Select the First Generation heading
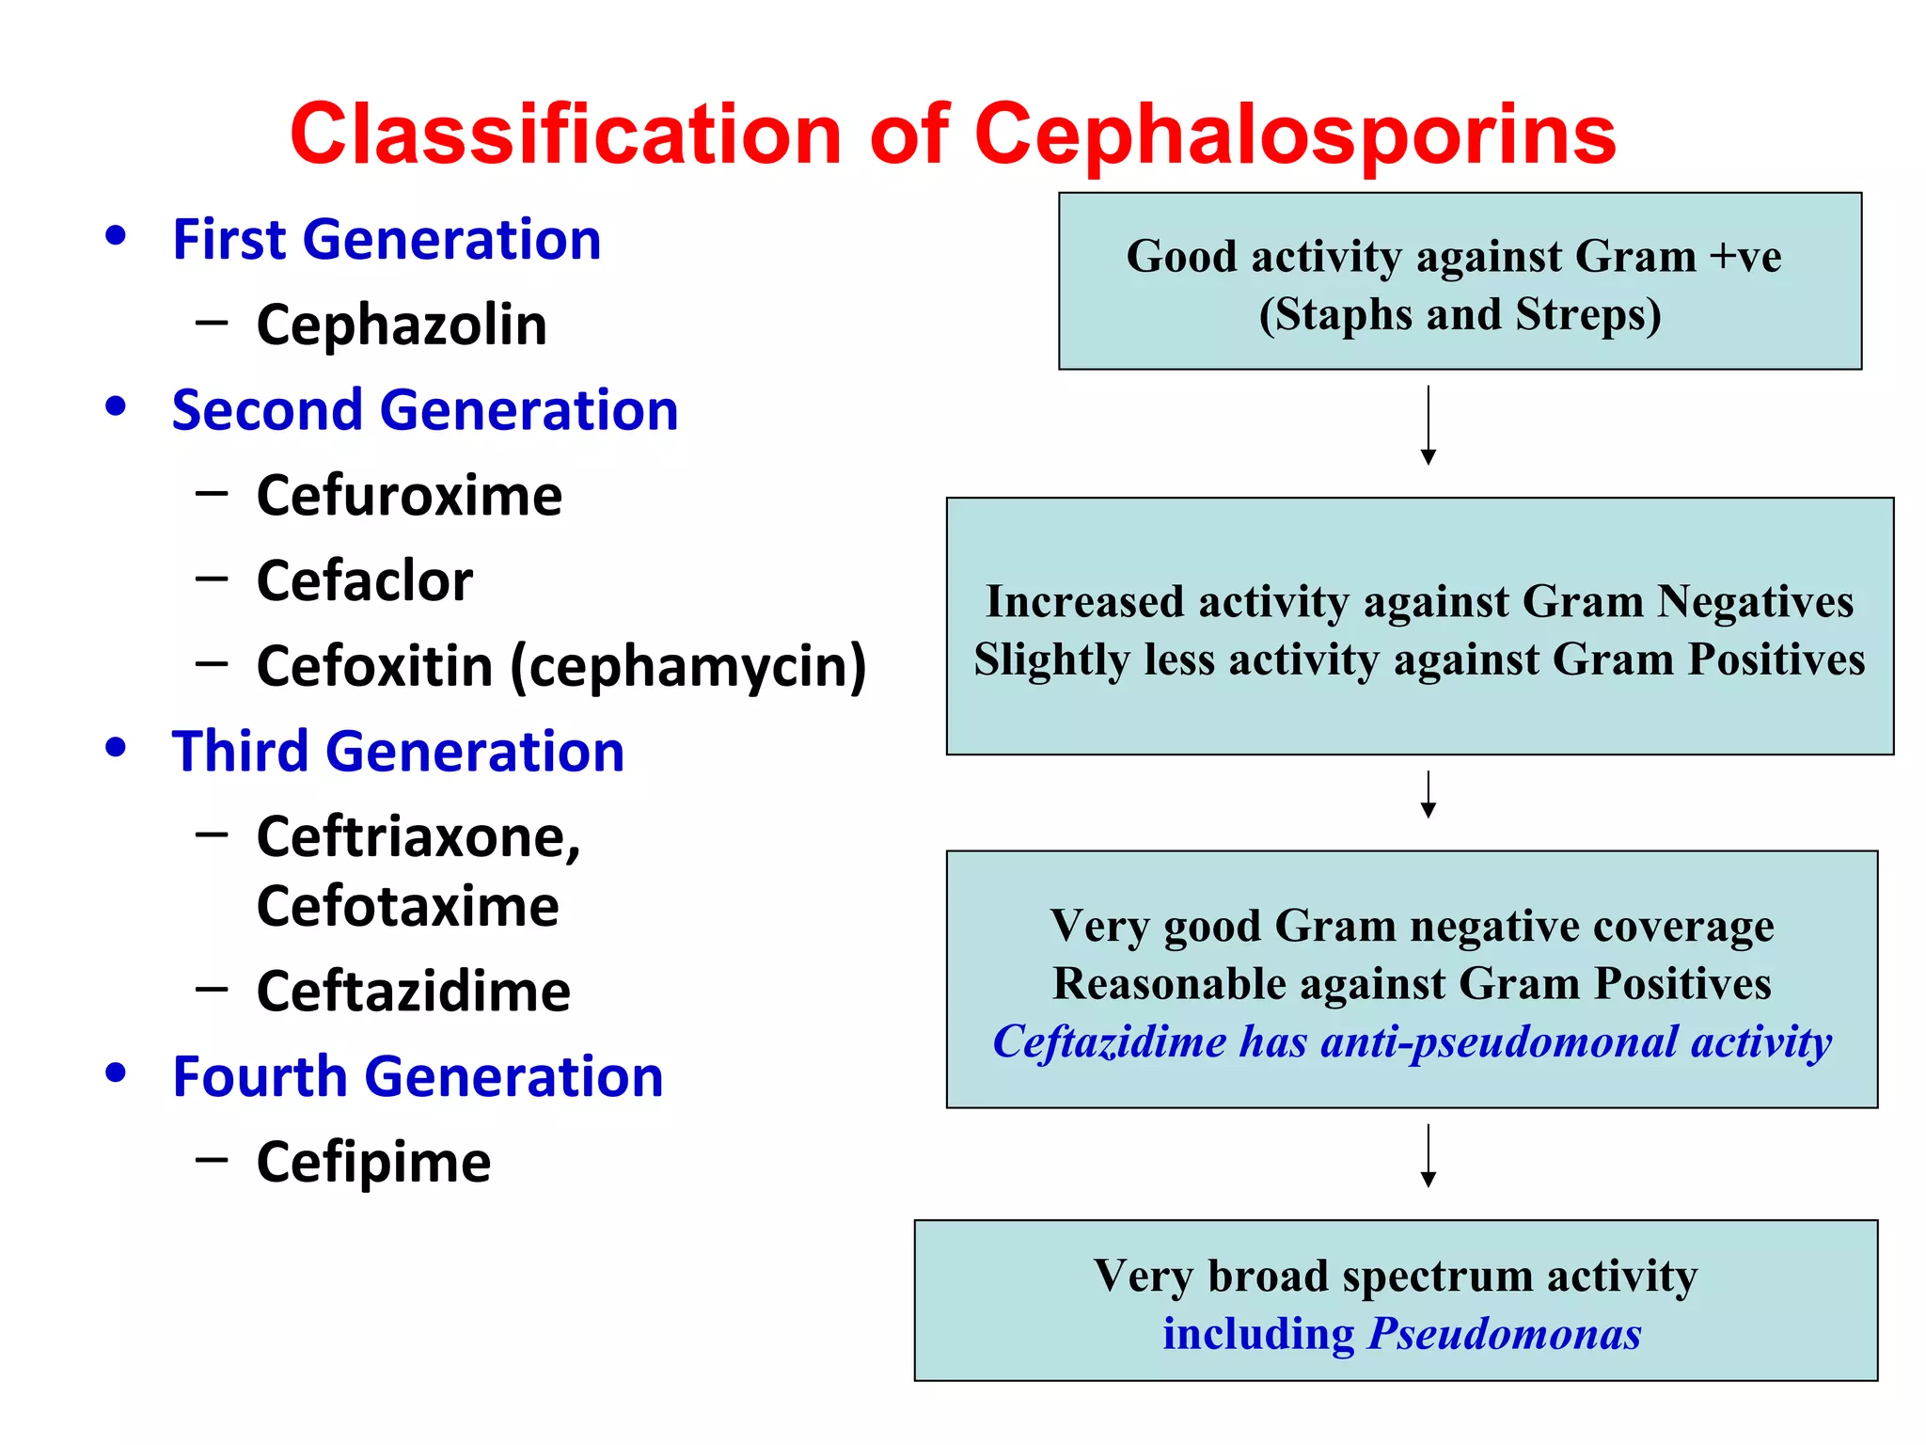387,240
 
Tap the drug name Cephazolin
402,326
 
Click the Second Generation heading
425,411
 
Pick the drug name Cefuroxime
409,496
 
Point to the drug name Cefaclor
365,581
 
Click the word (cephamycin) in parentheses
688,667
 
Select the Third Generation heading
398,752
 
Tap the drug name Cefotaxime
408,907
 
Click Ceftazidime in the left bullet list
414,992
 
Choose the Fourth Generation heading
418,1077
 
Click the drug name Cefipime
373,1163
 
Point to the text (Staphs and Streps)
1460,315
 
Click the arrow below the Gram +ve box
1428,425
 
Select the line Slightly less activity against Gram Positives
1419,659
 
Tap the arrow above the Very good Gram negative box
1428,795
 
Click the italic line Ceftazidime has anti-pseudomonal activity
1412,1042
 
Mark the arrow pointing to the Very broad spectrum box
1428,1156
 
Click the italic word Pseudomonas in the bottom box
1505,1334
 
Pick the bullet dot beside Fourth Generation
116,1072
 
